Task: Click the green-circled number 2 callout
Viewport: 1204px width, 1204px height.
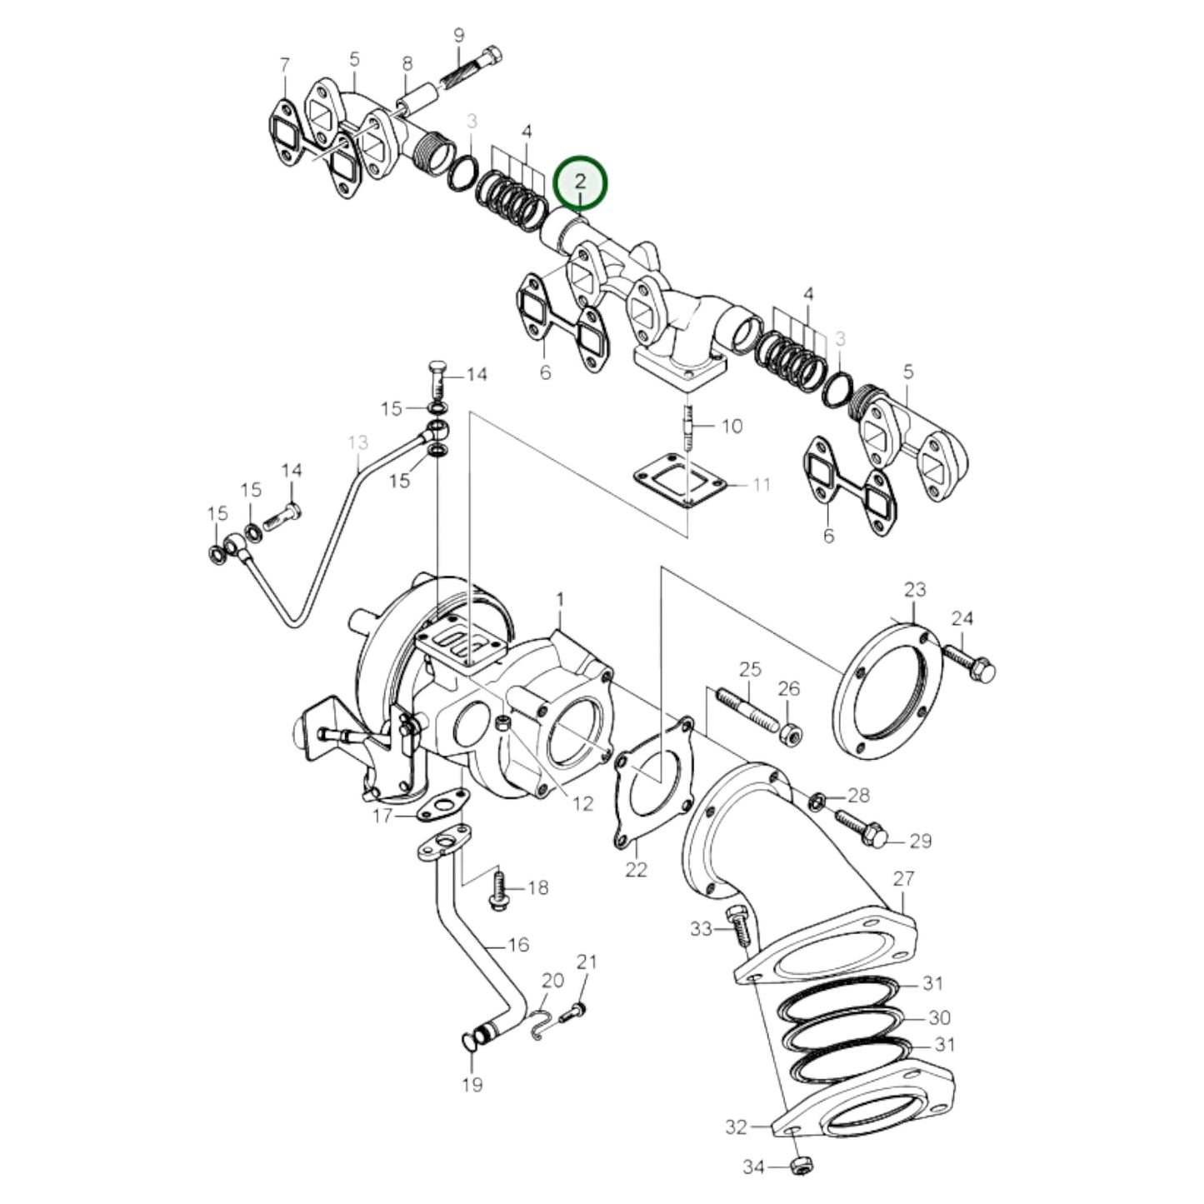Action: pos(582,182)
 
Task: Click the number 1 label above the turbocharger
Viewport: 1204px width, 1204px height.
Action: pos(560,599)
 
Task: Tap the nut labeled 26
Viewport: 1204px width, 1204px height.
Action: pos(791,735)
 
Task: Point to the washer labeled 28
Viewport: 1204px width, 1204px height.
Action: pos(817,801)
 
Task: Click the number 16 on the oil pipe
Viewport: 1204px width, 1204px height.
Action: pos(518,945)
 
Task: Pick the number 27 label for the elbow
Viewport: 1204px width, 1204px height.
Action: pos(904,878)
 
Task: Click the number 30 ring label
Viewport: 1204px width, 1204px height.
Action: pos(939,1017)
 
